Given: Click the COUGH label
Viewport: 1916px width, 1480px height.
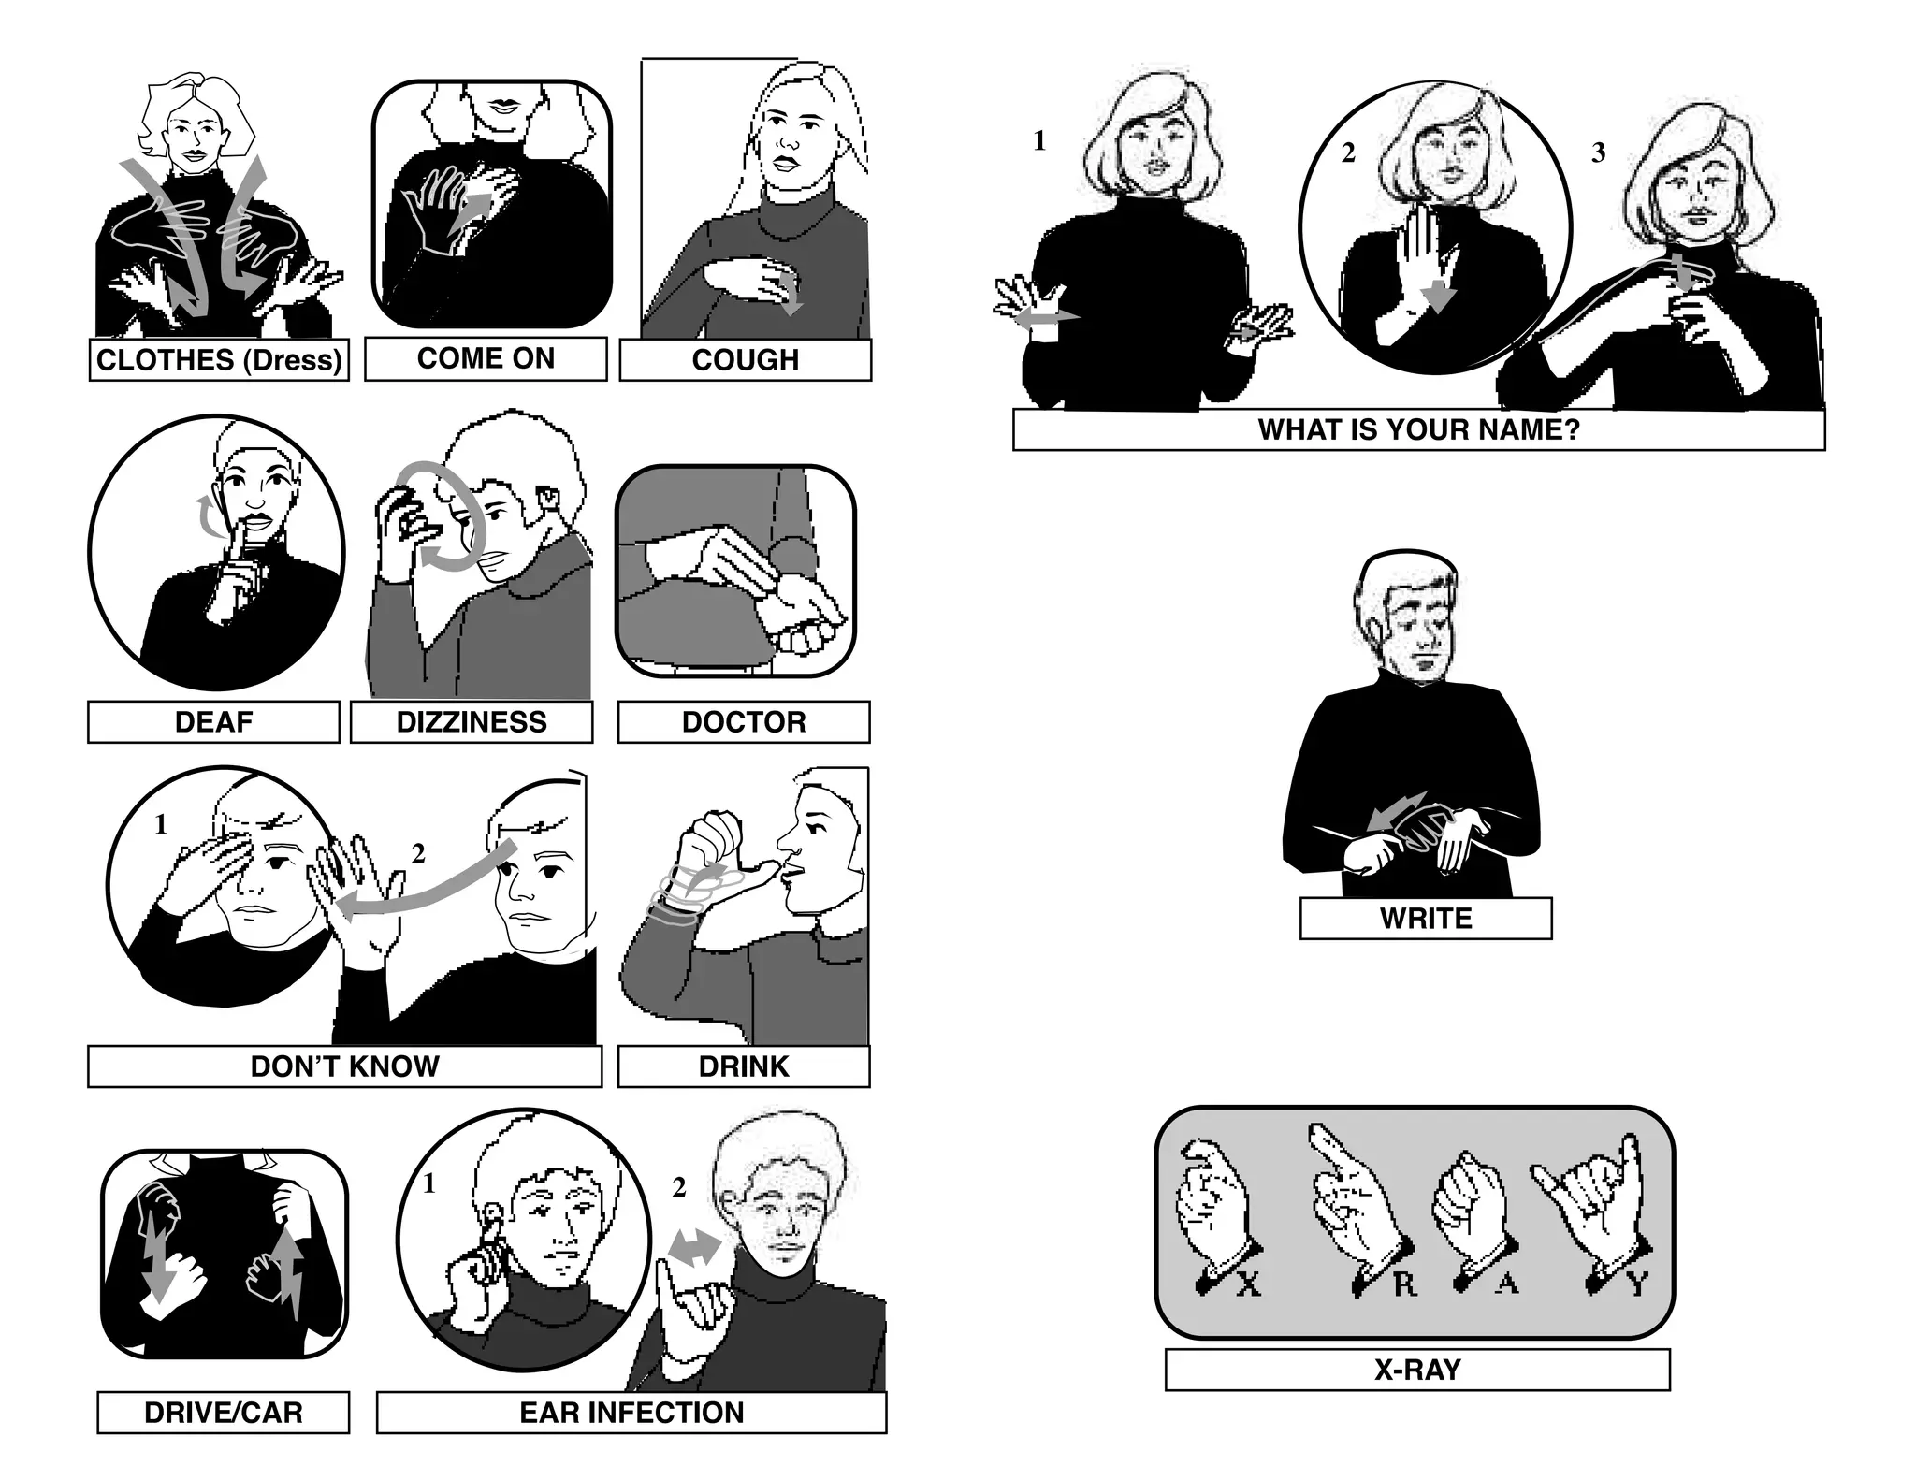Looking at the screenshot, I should (745, 360).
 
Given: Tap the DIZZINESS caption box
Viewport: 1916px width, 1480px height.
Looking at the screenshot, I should (472, 722).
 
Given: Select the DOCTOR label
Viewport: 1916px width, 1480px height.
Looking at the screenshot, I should (744, 722).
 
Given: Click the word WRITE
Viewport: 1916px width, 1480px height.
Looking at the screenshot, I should (1426, 918).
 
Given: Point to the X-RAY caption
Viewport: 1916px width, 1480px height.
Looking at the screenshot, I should (1417, 1370).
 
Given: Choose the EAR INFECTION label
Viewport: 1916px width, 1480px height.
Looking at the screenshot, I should (631, 1412).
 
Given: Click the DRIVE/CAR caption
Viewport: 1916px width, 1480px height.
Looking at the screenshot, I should (224, 1412).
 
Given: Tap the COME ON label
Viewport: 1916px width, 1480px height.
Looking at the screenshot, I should (486, 358).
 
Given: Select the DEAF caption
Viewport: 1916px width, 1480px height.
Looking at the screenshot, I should (213, 722).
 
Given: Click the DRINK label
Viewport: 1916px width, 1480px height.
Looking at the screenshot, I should (744, 1066).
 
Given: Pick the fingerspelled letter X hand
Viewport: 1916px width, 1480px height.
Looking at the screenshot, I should (1212, 1207).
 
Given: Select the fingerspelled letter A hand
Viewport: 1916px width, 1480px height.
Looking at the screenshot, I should (1471, 1212).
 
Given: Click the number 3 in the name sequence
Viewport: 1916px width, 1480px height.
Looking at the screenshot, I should (1598, 152).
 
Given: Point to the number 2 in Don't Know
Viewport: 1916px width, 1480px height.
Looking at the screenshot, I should (418, 853).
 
